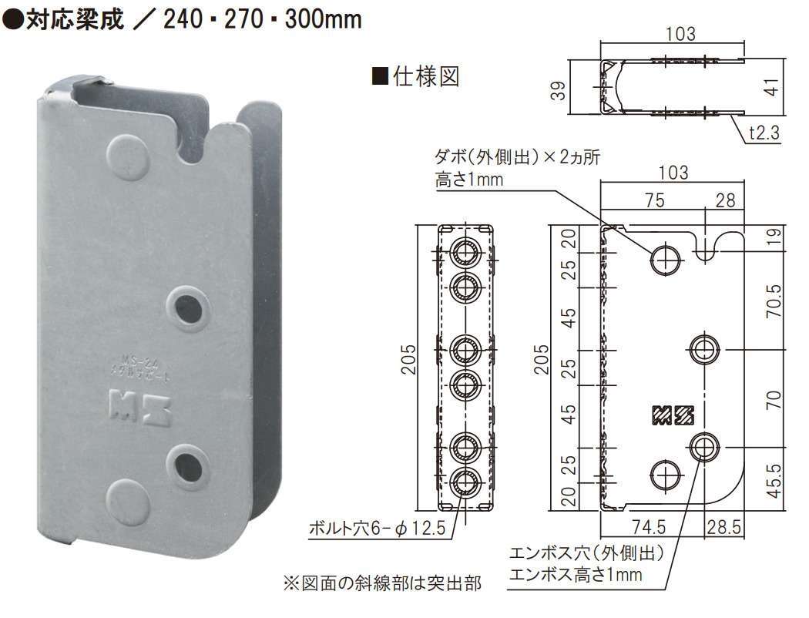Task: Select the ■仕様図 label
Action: [x=416, y=77]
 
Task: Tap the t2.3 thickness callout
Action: [x=763, y=133]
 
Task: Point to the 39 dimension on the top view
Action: [x=559, y=89]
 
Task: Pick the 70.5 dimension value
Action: [x=774, y=301]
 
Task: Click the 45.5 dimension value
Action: [x=774, y=479]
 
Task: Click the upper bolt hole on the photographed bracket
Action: [x=188, y=307]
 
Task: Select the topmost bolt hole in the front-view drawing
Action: [x=465, y=251]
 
